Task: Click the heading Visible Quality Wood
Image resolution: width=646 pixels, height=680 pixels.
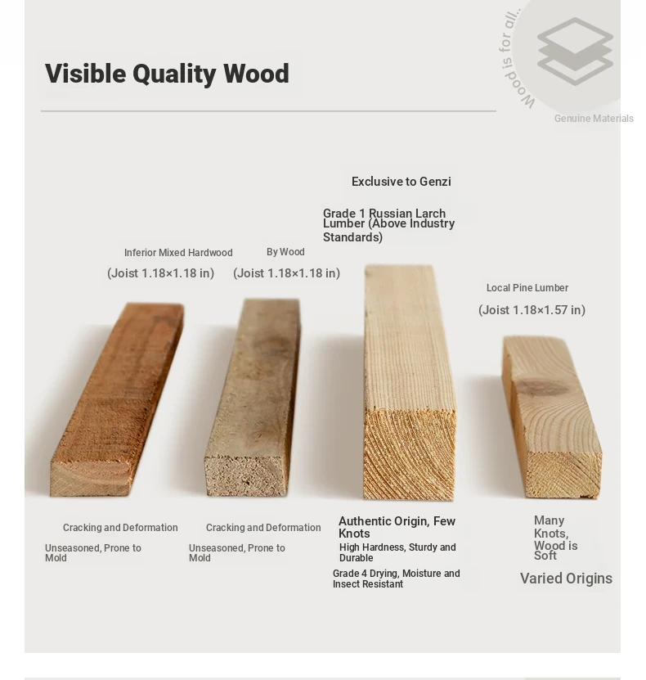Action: (x=167, y=74)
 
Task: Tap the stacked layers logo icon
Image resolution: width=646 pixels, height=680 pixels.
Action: (x=575, y=51)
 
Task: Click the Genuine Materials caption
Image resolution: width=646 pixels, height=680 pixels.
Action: (x=594, y=119)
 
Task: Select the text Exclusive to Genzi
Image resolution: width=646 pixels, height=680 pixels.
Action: (x=402, y=182)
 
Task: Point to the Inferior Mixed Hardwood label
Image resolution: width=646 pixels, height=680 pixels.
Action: (x=178, y=252)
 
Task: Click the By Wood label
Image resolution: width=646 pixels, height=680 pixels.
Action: (x=285, y=252)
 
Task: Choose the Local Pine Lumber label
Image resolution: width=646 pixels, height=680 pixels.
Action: (x=527, y=288)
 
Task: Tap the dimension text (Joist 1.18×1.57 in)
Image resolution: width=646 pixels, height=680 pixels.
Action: (x=532, y=310)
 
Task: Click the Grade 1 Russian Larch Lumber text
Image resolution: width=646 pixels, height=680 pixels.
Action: (x=388, y=225)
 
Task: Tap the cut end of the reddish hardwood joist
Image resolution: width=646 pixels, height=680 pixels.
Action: (x=90, y=479)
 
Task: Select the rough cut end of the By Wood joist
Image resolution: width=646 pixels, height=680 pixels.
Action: (x=246, y=475)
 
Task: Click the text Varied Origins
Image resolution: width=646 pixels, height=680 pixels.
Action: (x=567, y=579)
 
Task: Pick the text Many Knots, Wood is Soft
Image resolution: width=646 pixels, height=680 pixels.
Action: (x=555, y=538)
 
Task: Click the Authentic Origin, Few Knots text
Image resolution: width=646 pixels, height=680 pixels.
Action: (x=397, y=527)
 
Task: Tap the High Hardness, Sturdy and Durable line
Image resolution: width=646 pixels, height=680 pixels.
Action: (x=397, y=552)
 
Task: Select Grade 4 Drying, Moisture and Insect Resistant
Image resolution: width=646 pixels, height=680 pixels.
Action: (x=397, y=579)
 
